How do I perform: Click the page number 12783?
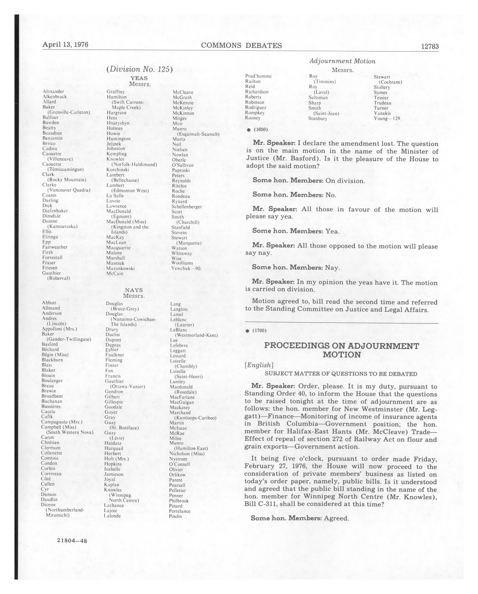tap(430, 47)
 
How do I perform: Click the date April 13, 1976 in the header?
tap(65, 45)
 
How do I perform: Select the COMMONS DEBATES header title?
tap(241, 45)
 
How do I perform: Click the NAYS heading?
tap(134, 290)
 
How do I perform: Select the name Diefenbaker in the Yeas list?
tap(55, 211)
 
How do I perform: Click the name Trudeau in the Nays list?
tap(382, 103)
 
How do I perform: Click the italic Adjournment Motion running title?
tap(342, 61)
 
